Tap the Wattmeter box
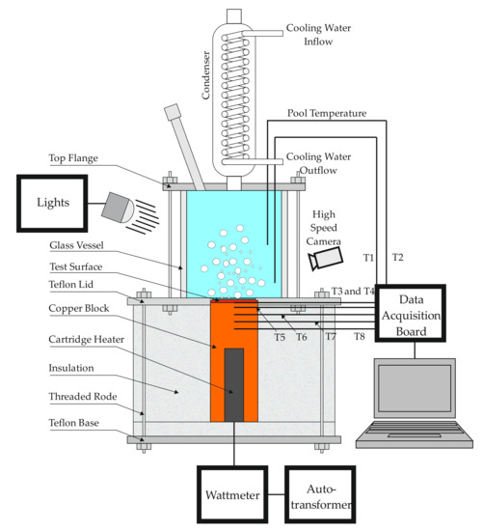[234, 493]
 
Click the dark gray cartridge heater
[234, 384]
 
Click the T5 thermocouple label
[280, 337]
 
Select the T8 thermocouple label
[359, 337]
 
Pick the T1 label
[368, 258]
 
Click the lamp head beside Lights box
[120, 206]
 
